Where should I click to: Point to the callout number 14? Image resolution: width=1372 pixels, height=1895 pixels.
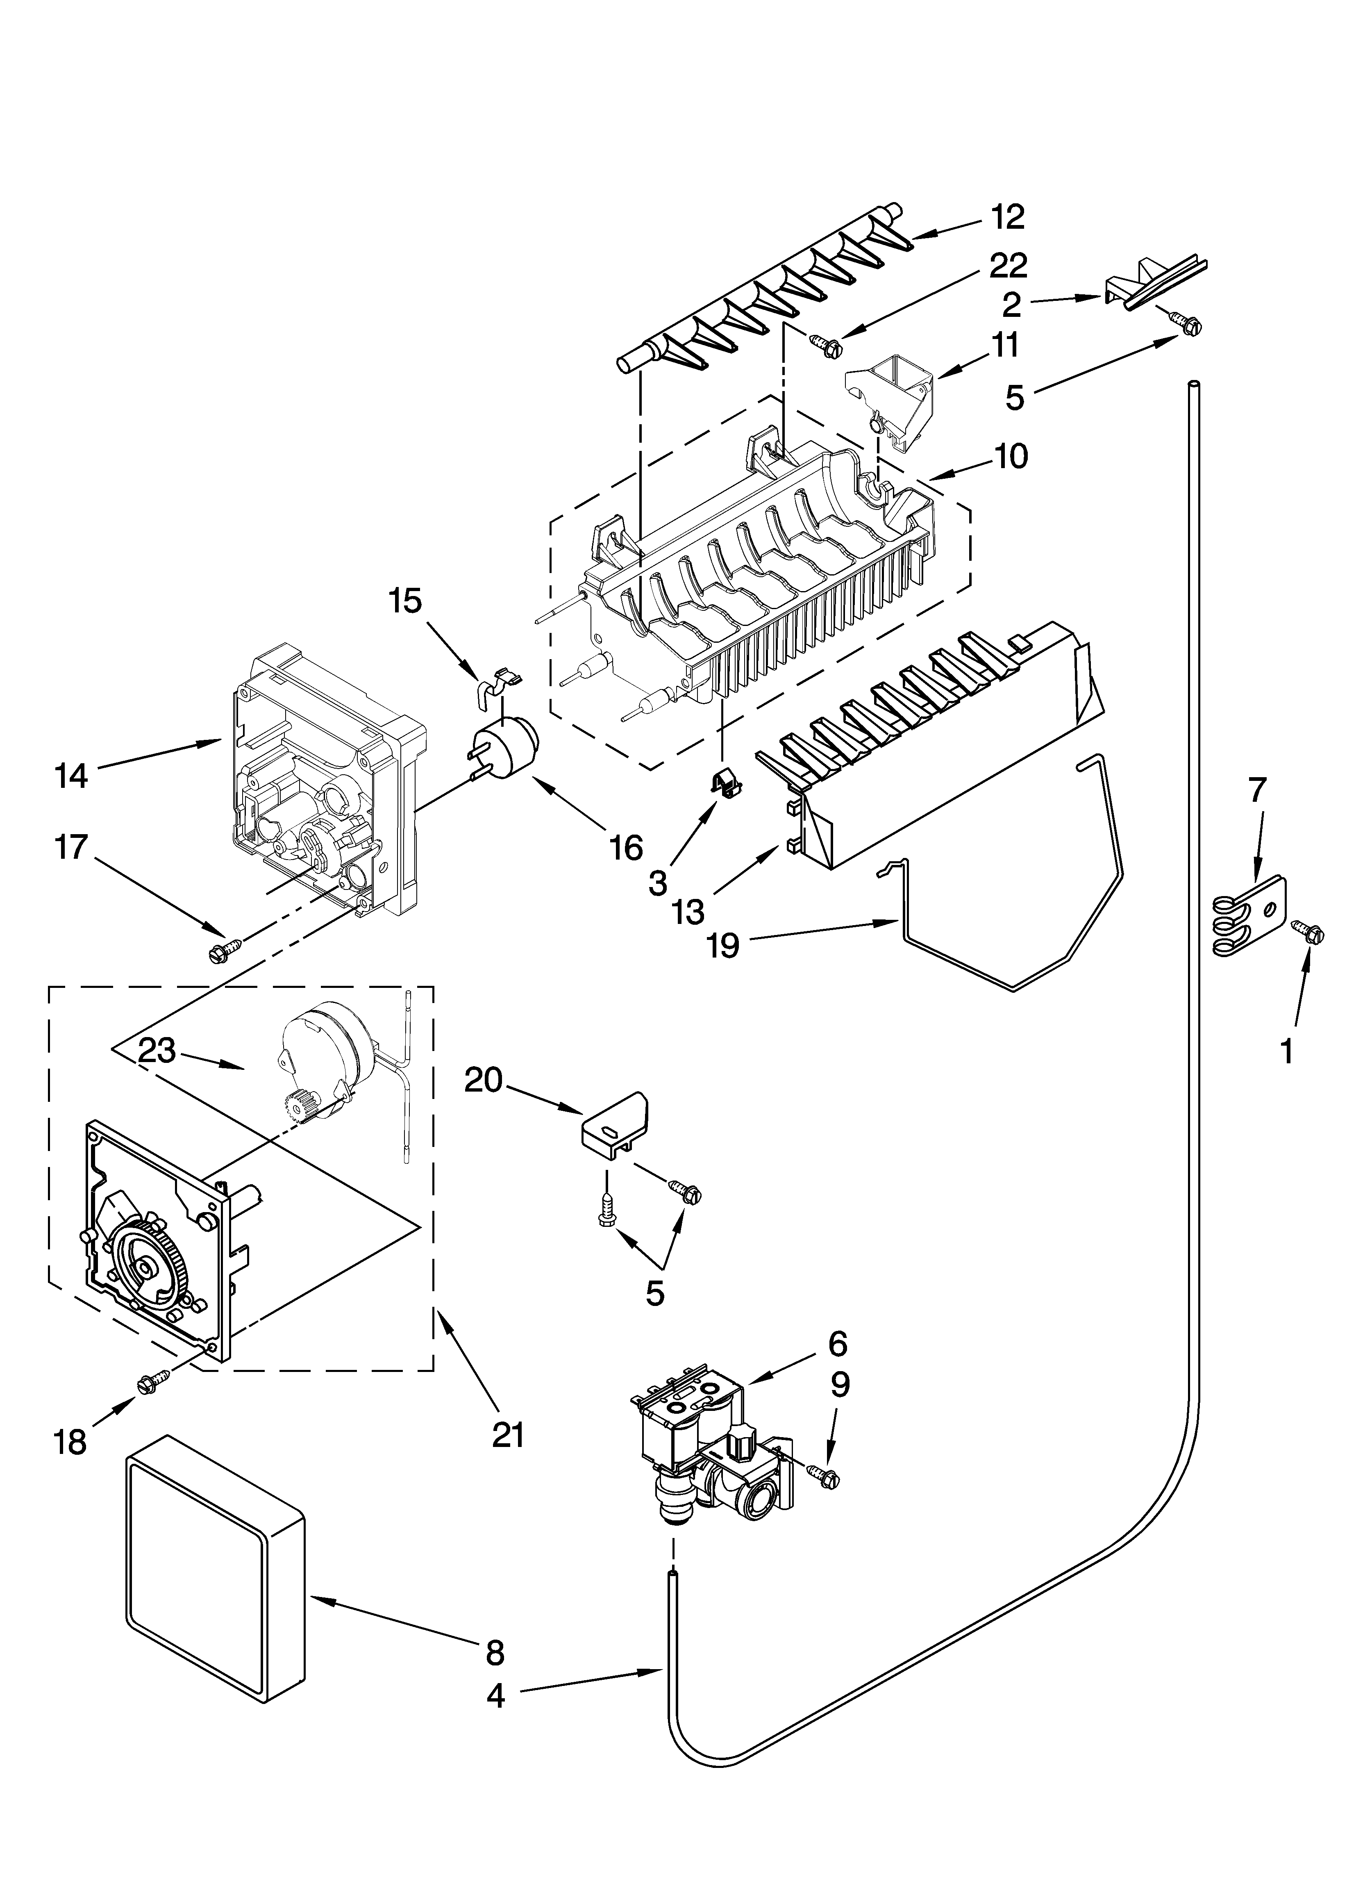[70, 776]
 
